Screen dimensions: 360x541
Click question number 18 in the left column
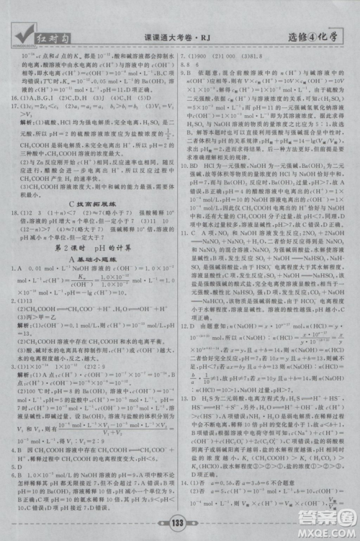coord(15,213)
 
